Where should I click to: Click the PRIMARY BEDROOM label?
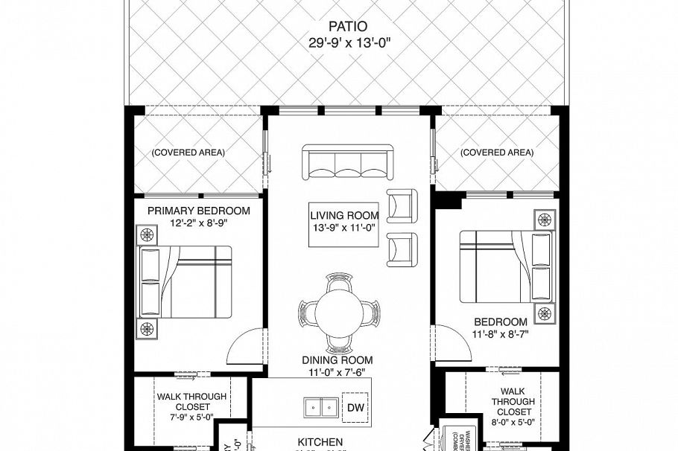(198, 211)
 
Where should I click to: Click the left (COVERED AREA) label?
(188, 153)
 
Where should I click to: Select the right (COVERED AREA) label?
(497, 153)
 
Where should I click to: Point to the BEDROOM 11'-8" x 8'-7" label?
(501, 327)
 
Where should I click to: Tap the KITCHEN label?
(320, 442)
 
